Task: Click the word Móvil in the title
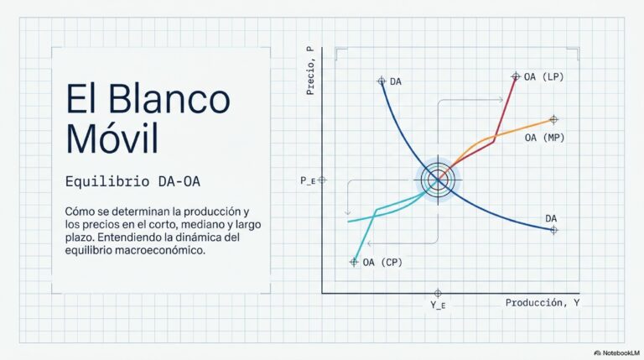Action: pyautogui.click(x=112, y=138)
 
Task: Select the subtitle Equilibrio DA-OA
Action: pyautogui.click(x=132, y=181)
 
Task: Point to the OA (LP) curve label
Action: pyautogui.click(x=543, y=77)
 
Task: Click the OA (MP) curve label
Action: pyautogui.click(x=544, y=138)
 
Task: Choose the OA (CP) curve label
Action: pyautogui.click(x=382, y=262)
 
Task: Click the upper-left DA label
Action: pyautogui.click(x=396, y=81)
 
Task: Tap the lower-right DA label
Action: pyautogui.click(x=551, y=219)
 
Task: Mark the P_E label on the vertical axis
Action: pyautogui.click(x=308, y=180)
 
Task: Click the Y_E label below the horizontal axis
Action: pyautogui.click(x=438, y=305)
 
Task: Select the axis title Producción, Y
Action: pyautogui.click(x=543, y=303)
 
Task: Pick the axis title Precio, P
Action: pyautogui.click(x=310, y=70)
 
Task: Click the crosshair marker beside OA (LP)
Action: pyautogui.click(x=516, y=76)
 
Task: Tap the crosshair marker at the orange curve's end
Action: pyautogui.click(x=553, y=120)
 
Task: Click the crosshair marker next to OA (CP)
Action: pyautogui.click(x=354, y=262)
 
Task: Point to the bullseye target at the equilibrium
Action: pyautogui.click(x=438, y=180)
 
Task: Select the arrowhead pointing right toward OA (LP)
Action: pyautogui.click(x=501, y=100)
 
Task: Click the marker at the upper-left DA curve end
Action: pyautogui.click(x=382, y=81)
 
